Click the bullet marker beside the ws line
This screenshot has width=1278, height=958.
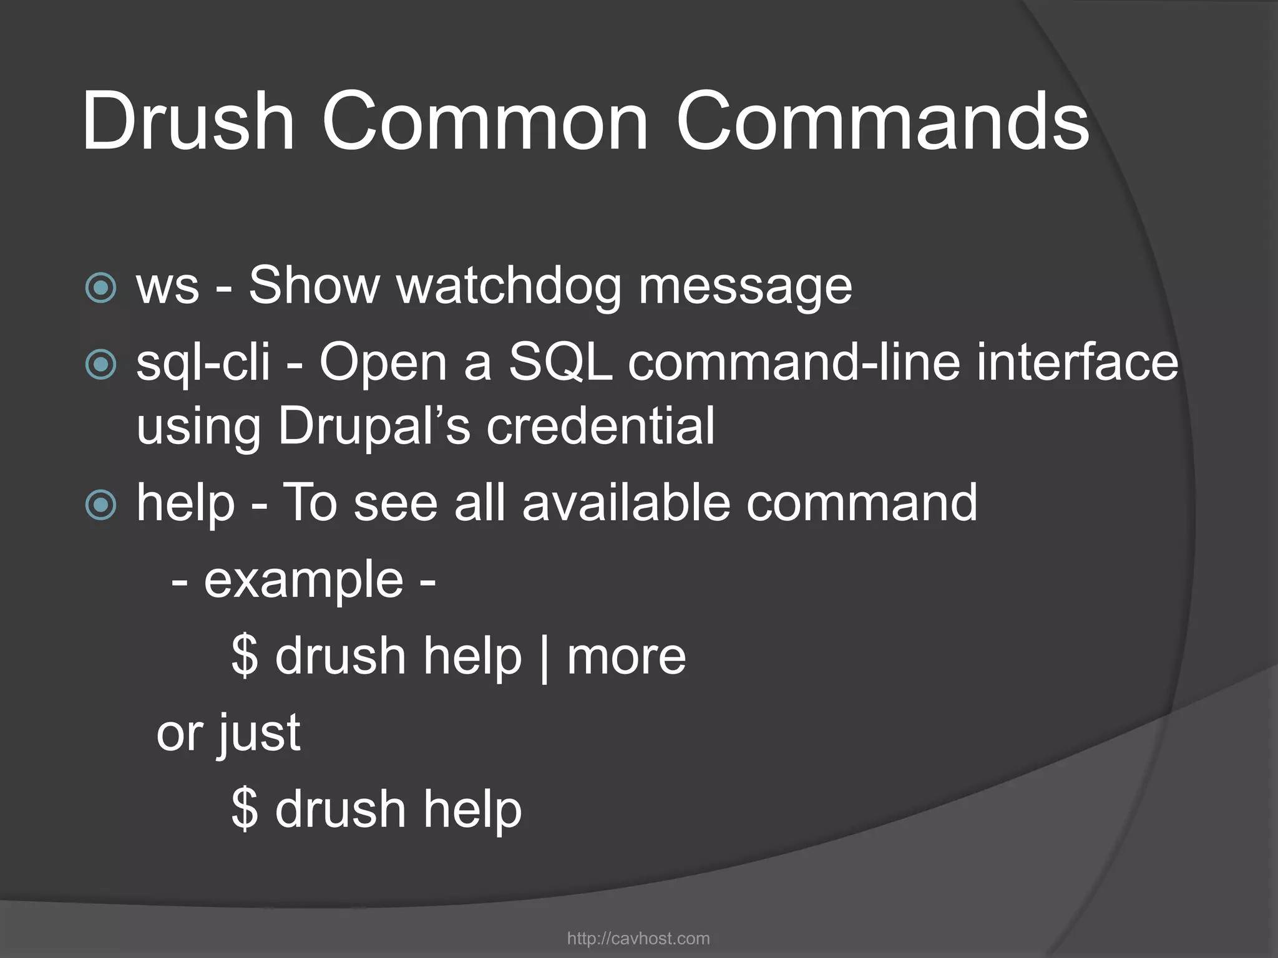100,288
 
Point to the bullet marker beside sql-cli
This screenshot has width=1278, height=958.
100,364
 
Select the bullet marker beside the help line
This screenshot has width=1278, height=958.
100,505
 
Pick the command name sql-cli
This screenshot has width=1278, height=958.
203,363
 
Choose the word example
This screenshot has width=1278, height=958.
304,581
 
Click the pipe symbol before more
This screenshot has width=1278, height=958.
544,658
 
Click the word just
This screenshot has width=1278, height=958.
259,734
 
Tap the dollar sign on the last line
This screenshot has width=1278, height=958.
245,809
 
